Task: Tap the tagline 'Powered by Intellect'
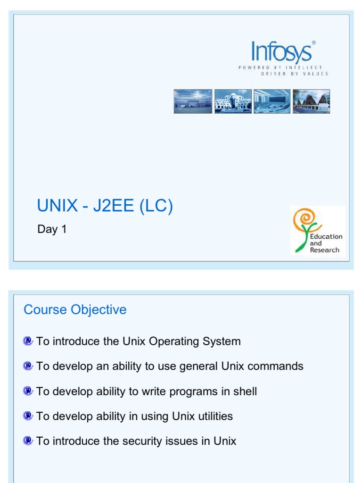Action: (x=280, y=68)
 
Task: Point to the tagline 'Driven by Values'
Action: (x=294, y=74)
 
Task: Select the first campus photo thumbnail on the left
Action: (x=193, y=101)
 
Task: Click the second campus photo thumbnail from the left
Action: (x=233, y=101)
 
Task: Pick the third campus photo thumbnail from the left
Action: (x=272, y=101)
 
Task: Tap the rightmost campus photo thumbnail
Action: (x=311, y=101)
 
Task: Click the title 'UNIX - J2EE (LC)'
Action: (x=105, y=206)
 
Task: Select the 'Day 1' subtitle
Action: (x=52, y=230)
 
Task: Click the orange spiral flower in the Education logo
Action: (x=303, y=219)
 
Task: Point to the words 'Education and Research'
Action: (x=326, y=243)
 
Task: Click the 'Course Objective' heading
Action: (x=75, y=310)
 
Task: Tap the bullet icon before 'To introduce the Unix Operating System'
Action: (x=28, y=341)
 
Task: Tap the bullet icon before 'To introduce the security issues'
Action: (x=28, y=441)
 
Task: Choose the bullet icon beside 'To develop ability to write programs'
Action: (x=28, y=391)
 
